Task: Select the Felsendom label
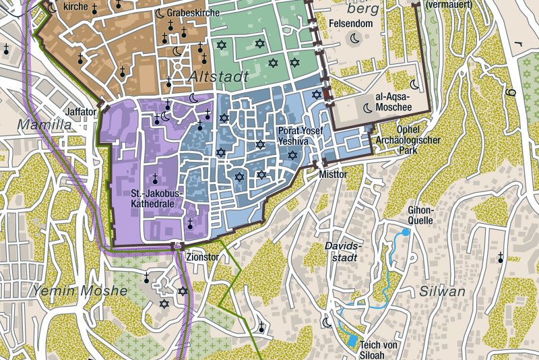pyautogui.click(x=350, y=23)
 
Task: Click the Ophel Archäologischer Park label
pyautogui.click(x=408, y=140)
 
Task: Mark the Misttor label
pyautogui.click(x=333, y=175)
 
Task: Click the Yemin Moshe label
pyautogui.click(x=79, y=291)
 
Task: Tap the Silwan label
pyautogui.click(x=442, y=291)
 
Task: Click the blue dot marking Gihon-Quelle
pyautogui.click(x=405, y=232)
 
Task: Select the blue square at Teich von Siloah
pyautogui.click(x=351, y=340)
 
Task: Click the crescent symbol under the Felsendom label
pyautogui.click(x=354, y=40)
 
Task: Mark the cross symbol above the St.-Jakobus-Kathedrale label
pyautogui.click(x=154, y=179)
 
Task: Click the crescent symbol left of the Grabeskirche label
pyautogui.click(x=160, y=13)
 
